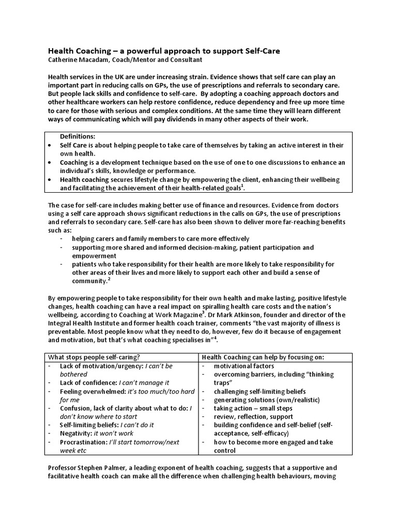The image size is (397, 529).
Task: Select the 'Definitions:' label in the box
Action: tap(78, 136)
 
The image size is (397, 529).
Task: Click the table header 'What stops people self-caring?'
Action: tap(95, 357)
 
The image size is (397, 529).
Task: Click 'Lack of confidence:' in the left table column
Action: tap(88, 383)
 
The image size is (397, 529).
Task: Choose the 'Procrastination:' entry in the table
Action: tap(84, 442)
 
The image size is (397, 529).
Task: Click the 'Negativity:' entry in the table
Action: tap(75, 433)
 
